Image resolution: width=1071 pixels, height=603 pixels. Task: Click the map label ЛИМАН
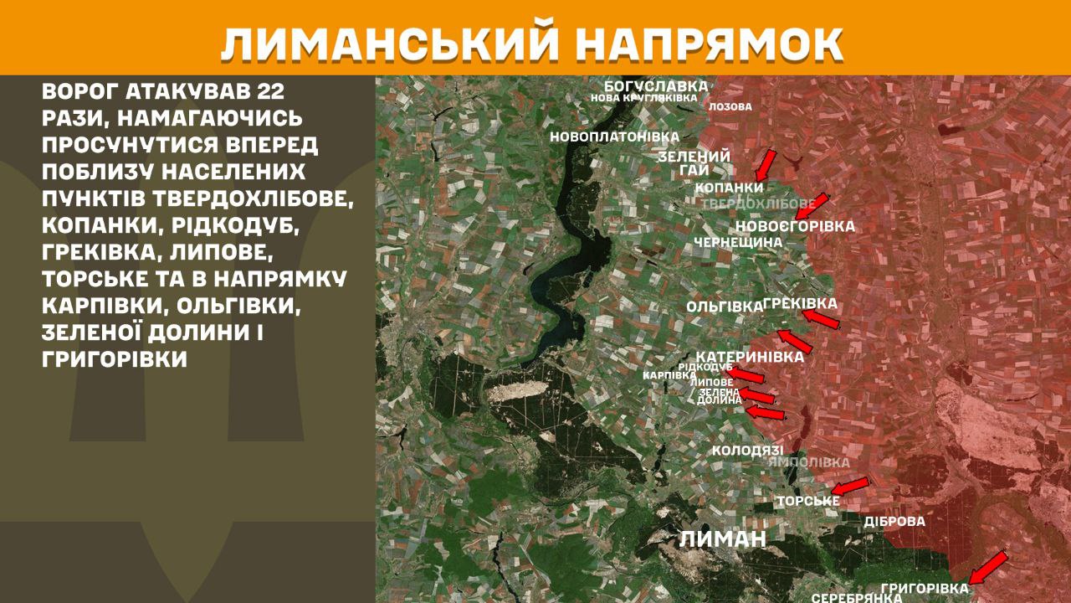tap(722, 539)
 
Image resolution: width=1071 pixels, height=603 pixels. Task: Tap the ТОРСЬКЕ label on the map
tap(807, 501)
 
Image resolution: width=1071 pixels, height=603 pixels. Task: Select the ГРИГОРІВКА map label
tap(925, 588)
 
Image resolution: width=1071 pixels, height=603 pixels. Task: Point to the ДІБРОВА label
tap(894, 521)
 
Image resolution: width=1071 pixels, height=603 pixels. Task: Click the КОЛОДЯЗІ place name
tap(747, 451)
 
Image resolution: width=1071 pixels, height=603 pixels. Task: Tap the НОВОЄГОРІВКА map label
tap(795, 226)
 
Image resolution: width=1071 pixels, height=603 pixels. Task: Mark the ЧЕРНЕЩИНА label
tap(738, 242)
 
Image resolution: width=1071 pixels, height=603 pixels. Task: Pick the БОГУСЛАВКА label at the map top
tap(656, 85)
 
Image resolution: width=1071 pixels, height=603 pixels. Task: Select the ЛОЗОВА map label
tap(730, 107)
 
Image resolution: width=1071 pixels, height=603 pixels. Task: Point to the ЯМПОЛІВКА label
tap(808, 462)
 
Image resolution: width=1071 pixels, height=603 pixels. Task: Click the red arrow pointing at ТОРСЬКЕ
tap(849, 486)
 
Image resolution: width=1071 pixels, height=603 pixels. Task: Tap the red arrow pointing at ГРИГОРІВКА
tap(987, 567)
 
